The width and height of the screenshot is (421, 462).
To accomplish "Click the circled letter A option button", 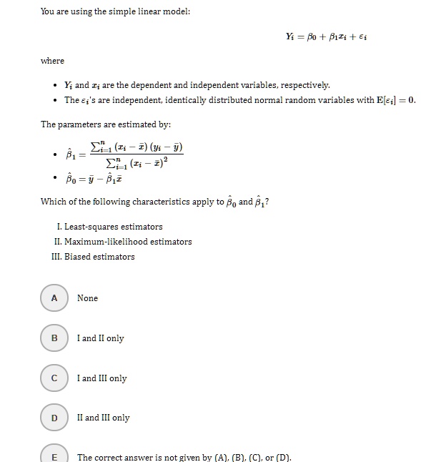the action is [x=54, y=298].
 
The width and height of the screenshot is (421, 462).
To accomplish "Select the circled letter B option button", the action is [x=54, y=338].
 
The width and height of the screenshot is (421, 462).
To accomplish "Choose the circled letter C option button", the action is [x=54, y=378].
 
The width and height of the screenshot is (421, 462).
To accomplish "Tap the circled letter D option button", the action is [x=54, y=418].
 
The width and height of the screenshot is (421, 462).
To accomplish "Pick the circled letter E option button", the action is [x=54, y=456].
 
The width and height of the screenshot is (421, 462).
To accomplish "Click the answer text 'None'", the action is [x=87, y=298].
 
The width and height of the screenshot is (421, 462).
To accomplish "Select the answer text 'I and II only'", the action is [x=100, y=338].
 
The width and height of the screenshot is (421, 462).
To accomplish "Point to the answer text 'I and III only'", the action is [x=101, y=378].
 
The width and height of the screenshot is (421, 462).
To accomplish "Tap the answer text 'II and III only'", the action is [x=103, y=418].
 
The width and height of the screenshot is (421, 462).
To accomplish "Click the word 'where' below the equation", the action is [x=52, y=61].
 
